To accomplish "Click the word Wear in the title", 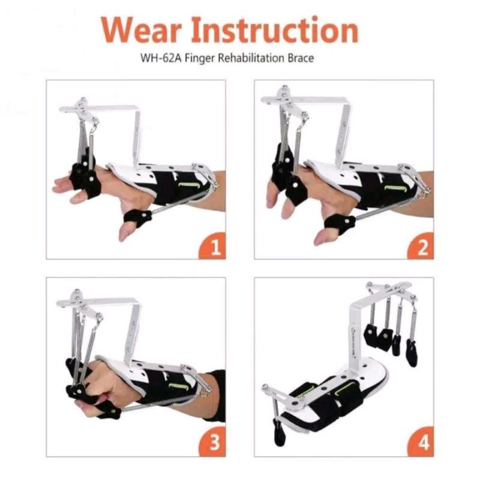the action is point(142,30).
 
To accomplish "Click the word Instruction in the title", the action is point(275,30).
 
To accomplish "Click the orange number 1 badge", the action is point(214,247).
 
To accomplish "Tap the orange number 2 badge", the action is point(421,247).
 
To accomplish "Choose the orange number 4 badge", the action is point(421,443).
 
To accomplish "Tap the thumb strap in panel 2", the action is point(339,223).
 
